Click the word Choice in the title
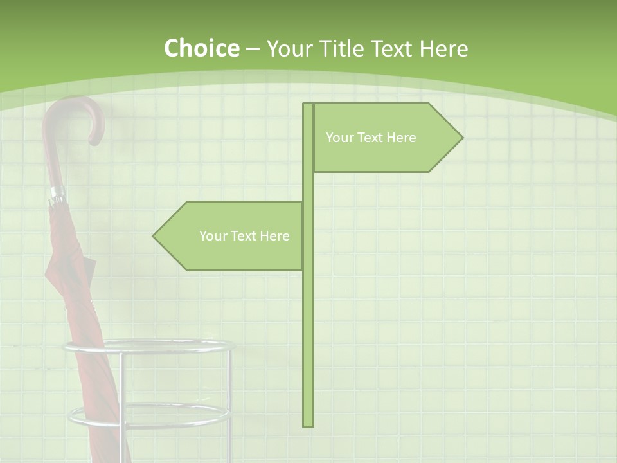(201, 48)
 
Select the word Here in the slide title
(443, 48)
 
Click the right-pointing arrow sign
(386, 138)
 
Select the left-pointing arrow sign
(231, 236)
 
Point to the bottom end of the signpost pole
(308, 424)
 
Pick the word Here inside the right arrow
(401, 138)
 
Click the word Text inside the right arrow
(369, 138)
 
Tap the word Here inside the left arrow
(274, 236)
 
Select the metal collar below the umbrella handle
(57, 194)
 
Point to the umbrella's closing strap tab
(88, 264)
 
